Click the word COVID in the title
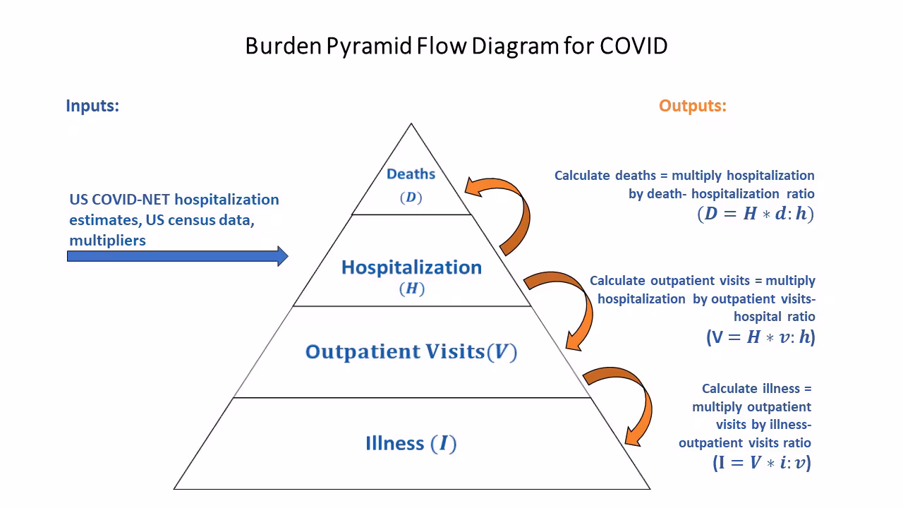(634, 46)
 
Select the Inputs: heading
(92, 106)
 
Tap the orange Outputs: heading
(692, 106)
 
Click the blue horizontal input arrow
(177, 256)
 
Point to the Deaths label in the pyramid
(411, 174)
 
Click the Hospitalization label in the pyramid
(411, 267)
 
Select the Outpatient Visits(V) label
(411, 351)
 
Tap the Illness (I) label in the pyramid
(411, 443)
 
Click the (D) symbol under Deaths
(411, 198)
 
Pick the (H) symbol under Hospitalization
(411, 289)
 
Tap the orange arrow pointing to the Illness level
(628, 402)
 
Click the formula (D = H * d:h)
(755, 214)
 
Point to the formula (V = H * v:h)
(760, 337)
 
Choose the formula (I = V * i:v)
(761, 463)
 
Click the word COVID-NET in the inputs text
(133, 200)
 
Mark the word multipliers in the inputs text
(107, 241)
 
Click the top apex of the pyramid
(411, 125)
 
